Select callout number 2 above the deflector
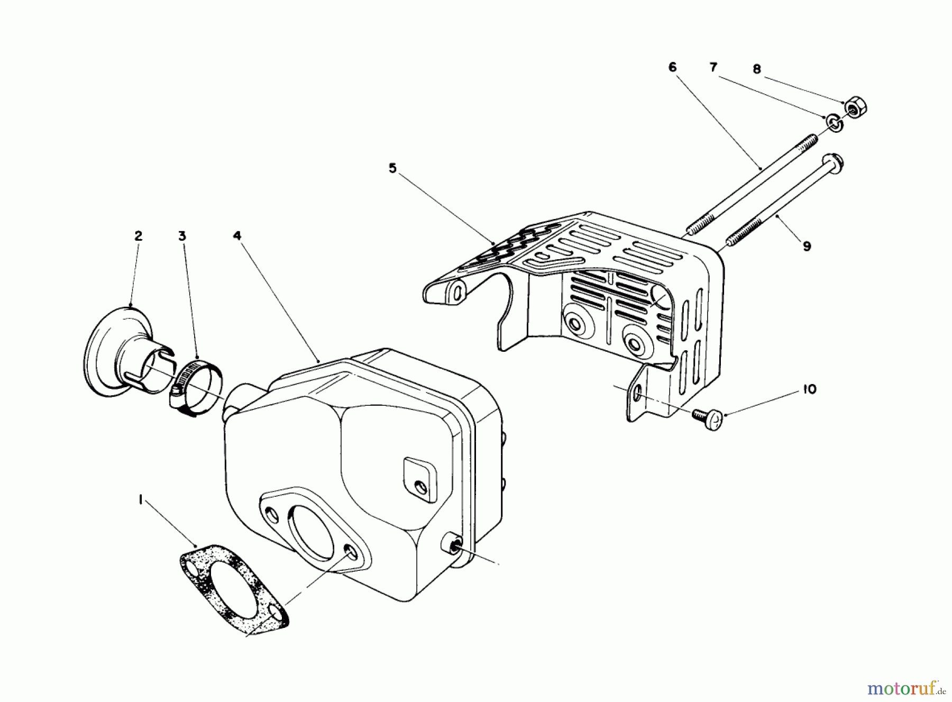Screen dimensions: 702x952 coord(138,236)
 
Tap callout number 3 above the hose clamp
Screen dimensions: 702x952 coord(182,236)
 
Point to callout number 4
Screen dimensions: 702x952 coord(237,236)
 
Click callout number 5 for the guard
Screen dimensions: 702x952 coord(392,168)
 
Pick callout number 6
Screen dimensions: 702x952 coord(672,67)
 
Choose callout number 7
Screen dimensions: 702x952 coord(713,67)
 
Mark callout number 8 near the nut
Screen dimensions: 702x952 coord(757,69)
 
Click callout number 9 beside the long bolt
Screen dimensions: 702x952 coord(806,246)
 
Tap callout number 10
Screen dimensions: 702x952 coord(809,389)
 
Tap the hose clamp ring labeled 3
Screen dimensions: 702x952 coord(197,389)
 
